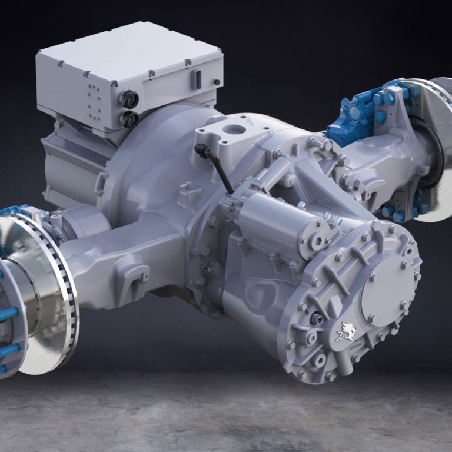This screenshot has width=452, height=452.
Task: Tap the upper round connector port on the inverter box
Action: [x=129, y=99]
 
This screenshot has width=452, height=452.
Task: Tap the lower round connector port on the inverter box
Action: [x=129, y=119]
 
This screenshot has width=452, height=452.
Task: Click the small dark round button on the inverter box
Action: [x=217, y=82]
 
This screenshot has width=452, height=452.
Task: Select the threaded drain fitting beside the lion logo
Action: [x=317, y=318]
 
